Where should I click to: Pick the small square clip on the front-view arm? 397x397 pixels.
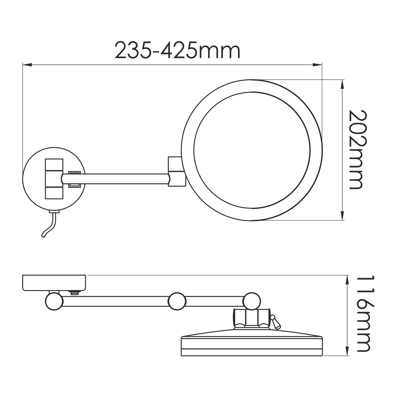click(x=74, y=179)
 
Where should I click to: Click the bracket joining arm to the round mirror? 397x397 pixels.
click(x=175, y=172)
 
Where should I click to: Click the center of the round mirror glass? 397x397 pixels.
click(x=252, y=150)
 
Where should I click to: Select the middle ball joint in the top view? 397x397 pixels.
click(x=177, y=301)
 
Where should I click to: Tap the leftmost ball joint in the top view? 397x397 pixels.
click(x=54, y=301)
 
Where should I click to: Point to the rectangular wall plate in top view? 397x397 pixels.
click(x=54, y=283)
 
